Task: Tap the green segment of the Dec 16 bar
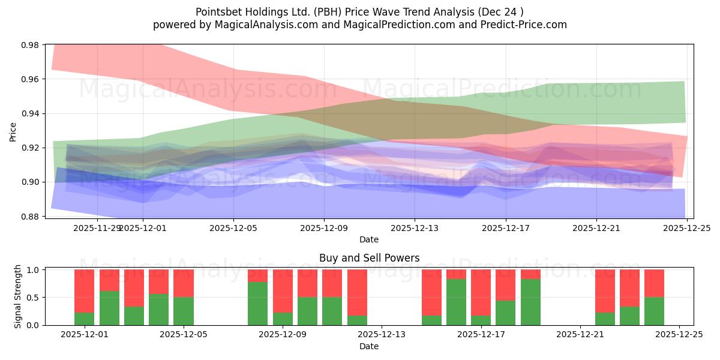[x=456, y=302]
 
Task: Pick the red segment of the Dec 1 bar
[x=84, y=291]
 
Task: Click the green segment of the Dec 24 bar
[x=654, y=311]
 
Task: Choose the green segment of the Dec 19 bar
[x=530, y=302]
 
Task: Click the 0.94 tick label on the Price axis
[x=30, y=113]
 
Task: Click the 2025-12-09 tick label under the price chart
[x=324, y=228]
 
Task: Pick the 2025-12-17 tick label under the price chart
[x=505, y=228]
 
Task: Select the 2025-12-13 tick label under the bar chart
[x=382, y=335]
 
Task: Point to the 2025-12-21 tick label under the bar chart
[x=580, y=335]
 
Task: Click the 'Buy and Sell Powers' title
[x=369, y=259]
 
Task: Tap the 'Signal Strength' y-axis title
[x=18, y=296]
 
